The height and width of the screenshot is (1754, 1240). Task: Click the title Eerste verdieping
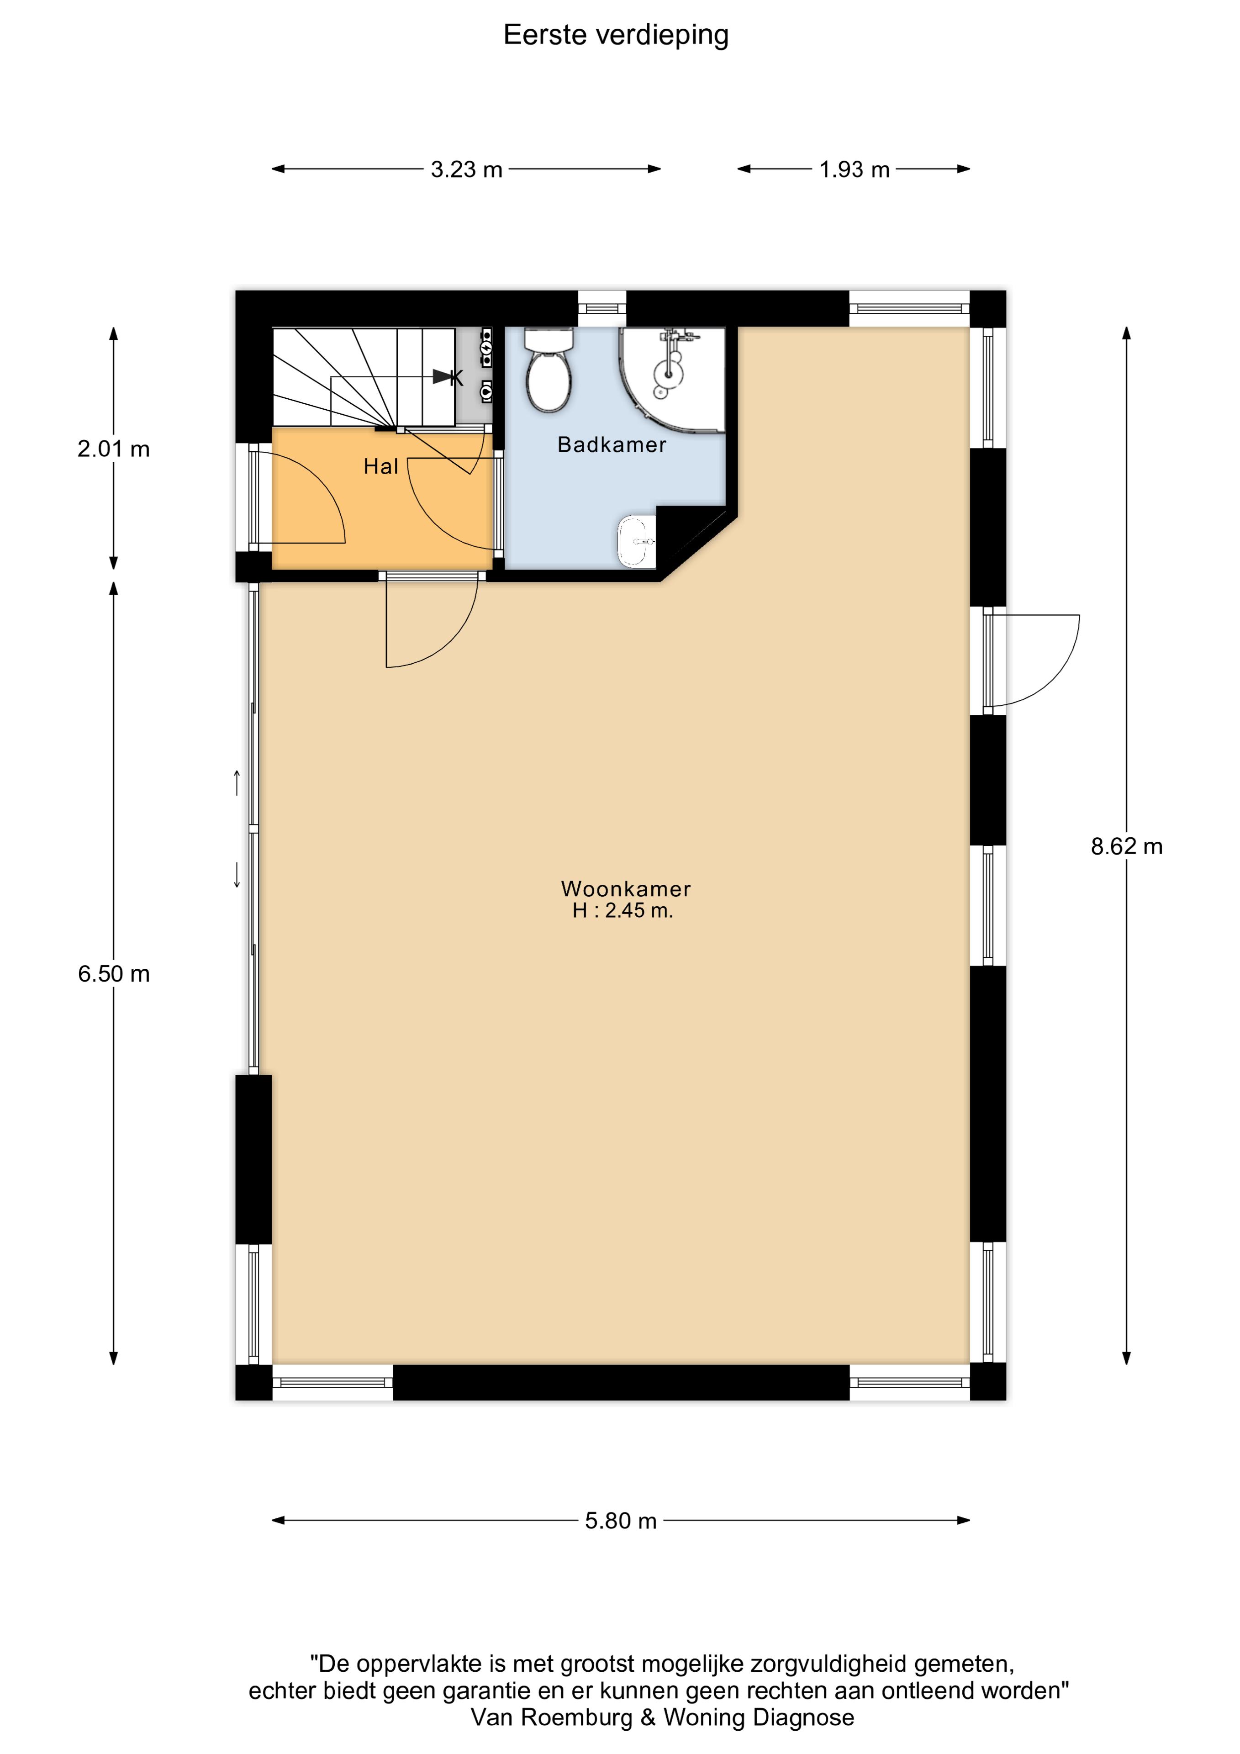[616, 35]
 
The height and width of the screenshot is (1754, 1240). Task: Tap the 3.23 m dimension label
[466, 169]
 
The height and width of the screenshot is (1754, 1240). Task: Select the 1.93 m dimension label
[854, 169]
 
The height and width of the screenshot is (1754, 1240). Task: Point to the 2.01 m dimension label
[113, 449]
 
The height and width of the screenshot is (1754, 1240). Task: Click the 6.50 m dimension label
[113, 973]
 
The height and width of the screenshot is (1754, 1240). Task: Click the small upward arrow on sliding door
[237, 782]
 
